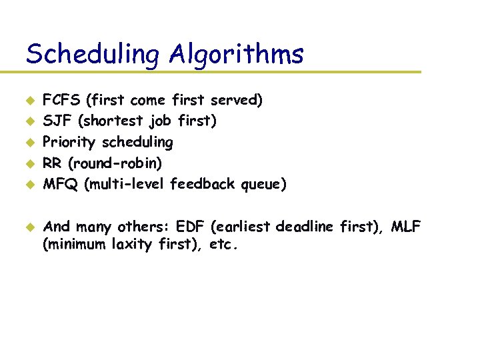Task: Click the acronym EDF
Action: tap(191, 227)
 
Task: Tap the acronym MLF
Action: tap(406, 227)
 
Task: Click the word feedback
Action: tap(199, 183)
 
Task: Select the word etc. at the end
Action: tap(223, 245)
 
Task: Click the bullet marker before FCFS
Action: tap(29, 101)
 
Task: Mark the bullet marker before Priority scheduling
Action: tap(29, 142)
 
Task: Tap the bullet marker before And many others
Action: tap(29, 227)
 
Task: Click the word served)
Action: tap(237, 101)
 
